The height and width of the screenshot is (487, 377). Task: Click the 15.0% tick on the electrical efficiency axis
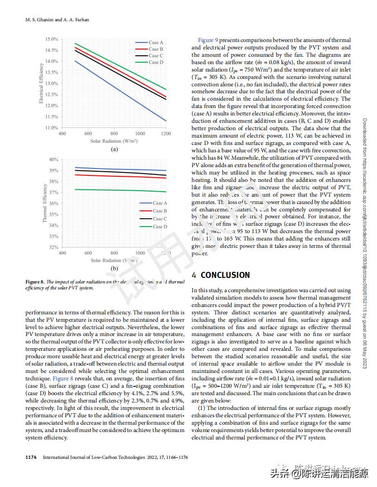52,39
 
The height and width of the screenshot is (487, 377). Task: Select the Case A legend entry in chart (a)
156,42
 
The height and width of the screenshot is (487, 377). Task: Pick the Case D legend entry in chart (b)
160,227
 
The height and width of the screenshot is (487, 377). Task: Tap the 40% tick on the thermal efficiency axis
54,160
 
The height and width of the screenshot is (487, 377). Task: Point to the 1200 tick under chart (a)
166,134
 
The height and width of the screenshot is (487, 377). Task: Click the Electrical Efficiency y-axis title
41,84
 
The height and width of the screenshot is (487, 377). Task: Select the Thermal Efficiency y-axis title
45,204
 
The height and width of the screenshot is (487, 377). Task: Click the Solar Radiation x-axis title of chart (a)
114,141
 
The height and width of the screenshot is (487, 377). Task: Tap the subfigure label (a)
114,149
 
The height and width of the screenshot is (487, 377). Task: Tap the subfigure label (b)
114,268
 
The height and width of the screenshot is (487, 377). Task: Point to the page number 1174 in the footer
31,457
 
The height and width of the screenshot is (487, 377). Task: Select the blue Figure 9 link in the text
208,41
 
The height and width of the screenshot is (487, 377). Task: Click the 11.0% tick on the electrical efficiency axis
52,128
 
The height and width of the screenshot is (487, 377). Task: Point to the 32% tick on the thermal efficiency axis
54,247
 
